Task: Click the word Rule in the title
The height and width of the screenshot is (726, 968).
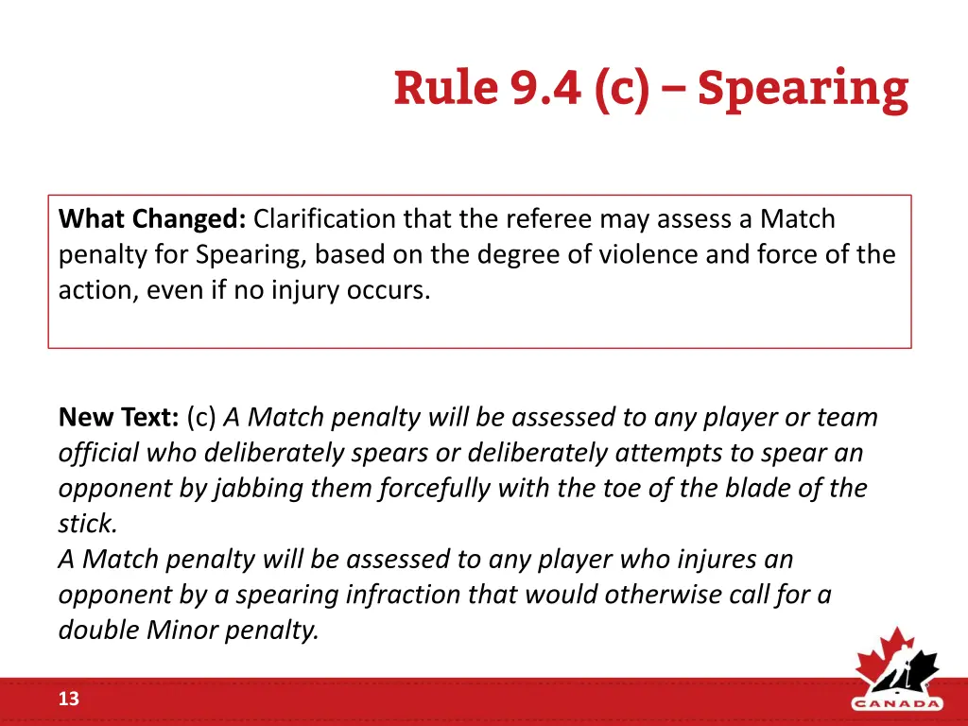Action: click(x=445, y=89)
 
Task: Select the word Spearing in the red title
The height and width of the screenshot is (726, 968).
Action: click(x=803, y=89)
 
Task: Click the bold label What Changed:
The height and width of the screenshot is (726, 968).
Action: click(x=152, y=219)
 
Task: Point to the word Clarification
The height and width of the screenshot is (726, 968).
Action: click(x=325, y=219)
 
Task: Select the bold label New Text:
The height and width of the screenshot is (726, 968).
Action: click(x=119, y=417)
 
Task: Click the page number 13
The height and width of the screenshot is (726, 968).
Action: click(x=69, y=700)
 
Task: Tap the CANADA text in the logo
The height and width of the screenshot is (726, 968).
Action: click(x=897, y=703)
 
